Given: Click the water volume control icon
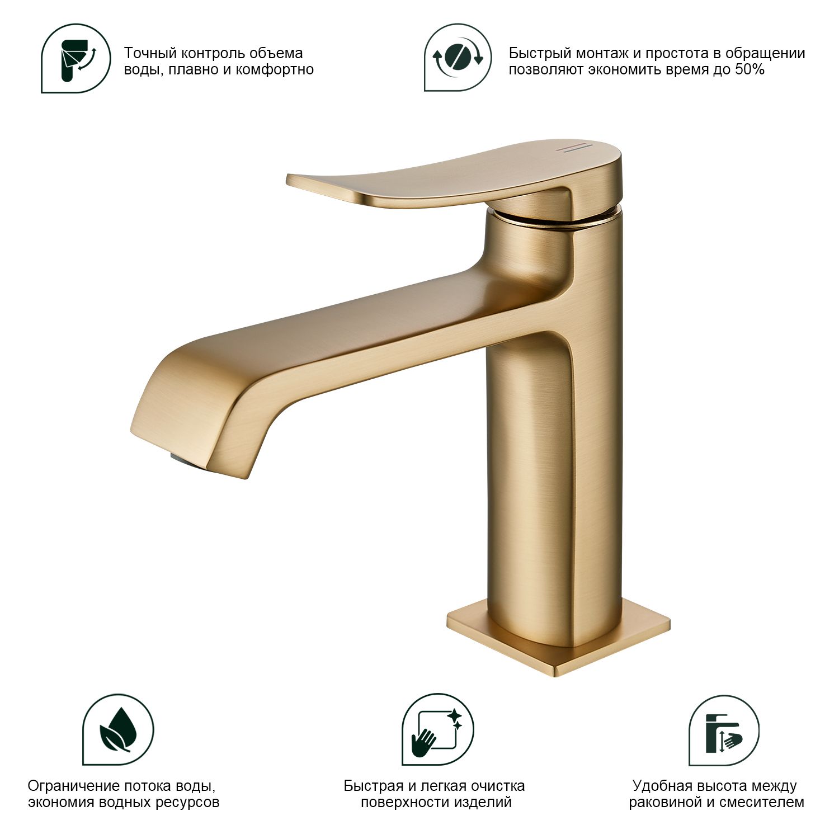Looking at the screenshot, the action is point(76,58).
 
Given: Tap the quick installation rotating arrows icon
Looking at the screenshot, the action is point(458,58).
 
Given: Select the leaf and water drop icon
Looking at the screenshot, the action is point(118,730).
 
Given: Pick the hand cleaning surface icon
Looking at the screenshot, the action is point(438,730).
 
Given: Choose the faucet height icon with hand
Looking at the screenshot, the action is point(724,730).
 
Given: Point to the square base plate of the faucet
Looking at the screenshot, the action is point(558,638).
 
